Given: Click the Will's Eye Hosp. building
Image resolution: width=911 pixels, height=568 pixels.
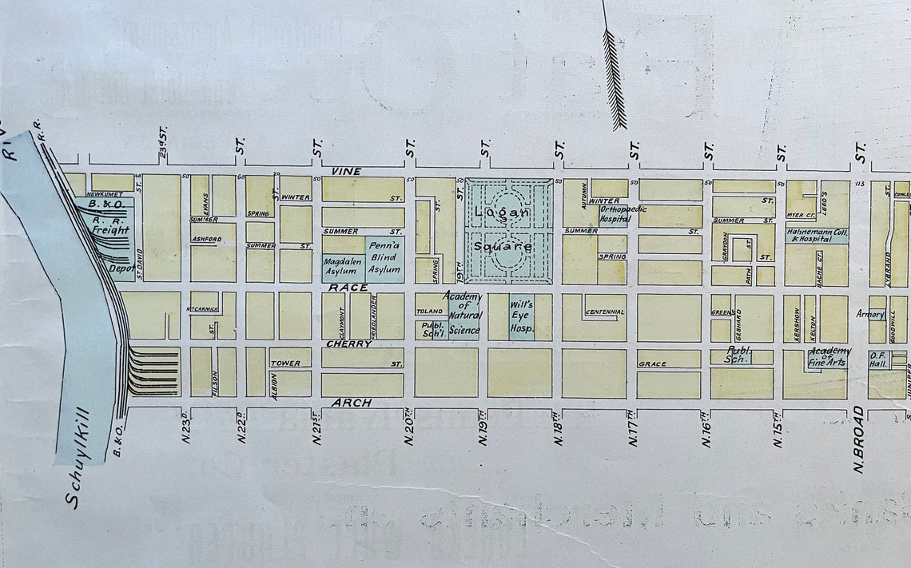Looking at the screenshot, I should (522, 317).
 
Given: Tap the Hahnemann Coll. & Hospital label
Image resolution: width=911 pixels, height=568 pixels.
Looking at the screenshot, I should (817, 236).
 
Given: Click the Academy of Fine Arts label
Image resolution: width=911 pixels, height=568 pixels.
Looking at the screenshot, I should (829, 358).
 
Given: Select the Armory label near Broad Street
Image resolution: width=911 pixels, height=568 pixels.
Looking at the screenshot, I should (869, 313).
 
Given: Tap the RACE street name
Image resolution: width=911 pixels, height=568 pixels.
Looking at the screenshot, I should (352, 288).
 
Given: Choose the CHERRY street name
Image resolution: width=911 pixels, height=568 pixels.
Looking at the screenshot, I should (348, 344).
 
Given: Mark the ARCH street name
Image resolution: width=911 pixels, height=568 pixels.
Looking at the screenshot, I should (352, 403).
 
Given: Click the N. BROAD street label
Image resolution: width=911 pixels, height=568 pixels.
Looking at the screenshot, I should (860, 440).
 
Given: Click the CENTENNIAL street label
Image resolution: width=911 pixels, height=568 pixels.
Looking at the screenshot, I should (605, 312).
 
